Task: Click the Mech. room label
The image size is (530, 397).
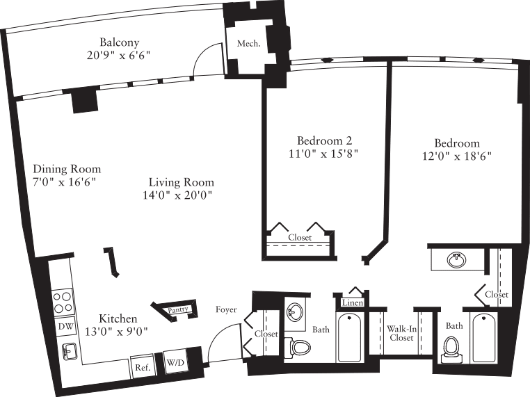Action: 249,43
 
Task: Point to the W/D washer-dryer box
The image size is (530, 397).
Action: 174,362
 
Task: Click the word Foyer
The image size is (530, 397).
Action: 226,309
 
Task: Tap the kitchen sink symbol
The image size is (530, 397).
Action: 68,352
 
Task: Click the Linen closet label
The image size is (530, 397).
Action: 351,303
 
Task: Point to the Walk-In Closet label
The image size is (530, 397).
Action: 401,333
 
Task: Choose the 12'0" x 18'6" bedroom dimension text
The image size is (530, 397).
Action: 456,156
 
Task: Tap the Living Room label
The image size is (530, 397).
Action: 181,183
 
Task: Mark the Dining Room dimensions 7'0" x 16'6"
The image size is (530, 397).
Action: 64,182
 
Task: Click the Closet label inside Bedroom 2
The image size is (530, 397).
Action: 300,238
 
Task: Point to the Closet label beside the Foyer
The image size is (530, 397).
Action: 266,334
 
